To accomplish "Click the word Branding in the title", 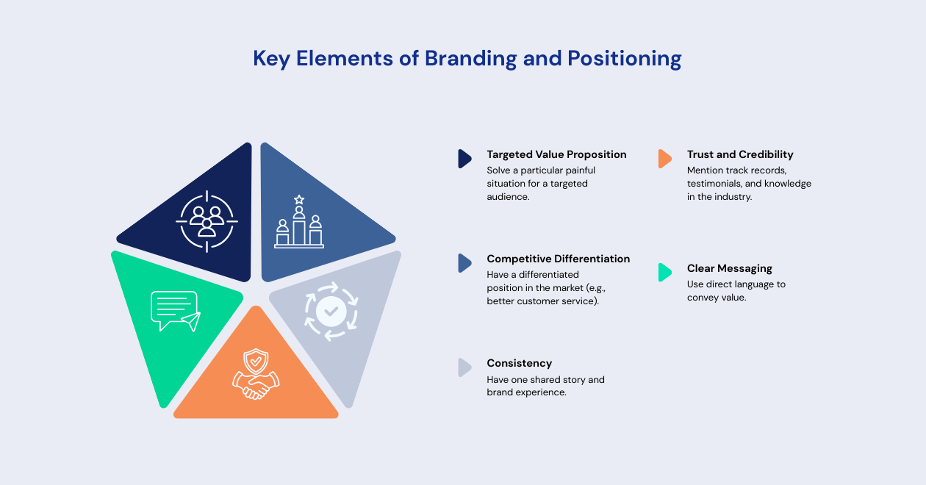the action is point(470,59).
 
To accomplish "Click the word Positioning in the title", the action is point(624,59).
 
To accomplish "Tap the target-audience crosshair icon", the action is point(207,222).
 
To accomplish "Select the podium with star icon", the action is point(299,222).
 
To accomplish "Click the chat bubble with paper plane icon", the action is point(176,312).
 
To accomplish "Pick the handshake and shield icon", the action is point(256,374).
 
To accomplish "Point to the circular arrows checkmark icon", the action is point(331,312).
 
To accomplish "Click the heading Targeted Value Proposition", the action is point(556,154).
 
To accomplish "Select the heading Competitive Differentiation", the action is point(558,259).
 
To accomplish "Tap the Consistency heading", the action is point(519,363).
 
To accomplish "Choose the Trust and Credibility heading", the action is point(740,154).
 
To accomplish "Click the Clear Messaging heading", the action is point(730,269).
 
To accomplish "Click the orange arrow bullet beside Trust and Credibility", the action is point(664,159).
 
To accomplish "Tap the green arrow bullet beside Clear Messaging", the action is point(664,273).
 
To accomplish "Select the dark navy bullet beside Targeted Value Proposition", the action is point(464,159).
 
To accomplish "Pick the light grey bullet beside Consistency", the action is point(464,367).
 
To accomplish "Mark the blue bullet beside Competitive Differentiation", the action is point(464,263).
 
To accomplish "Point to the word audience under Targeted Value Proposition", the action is point(508,197).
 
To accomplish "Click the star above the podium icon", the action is point(299,200).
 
